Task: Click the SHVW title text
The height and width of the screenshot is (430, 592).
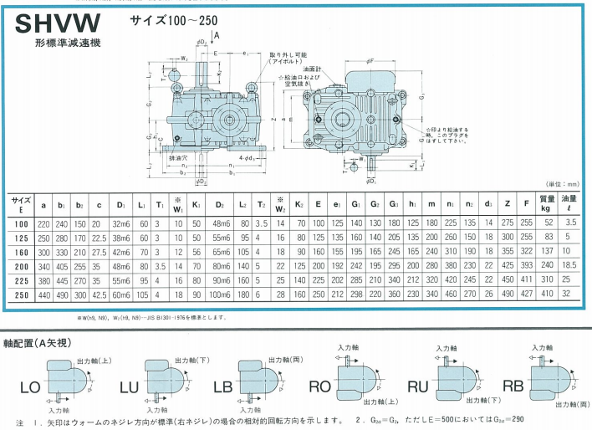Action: (57, 23)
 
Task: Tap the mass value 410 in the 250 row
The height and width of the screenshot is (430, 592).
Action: (548, 294)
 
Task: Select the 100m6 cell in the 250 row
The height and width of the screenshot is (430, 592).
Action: (222, 294)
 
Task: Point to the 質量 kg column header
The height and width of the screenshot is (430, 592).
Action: (548, 203)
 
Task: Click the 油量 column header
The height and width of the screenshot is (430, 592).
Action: (570, 203)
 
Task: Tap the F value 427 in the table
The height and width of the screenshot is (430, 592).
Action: (527, 294)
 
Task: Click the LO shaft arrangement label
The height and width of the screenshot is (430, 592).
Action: (30, 386)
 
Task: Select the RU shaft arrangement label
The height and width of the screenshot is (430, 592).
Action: (417, 386)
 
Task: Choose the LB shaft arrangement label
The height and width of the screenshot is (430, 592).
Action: (222, 386)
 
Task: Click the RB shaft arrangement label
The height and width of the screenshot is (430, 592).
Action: (513, 386)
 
